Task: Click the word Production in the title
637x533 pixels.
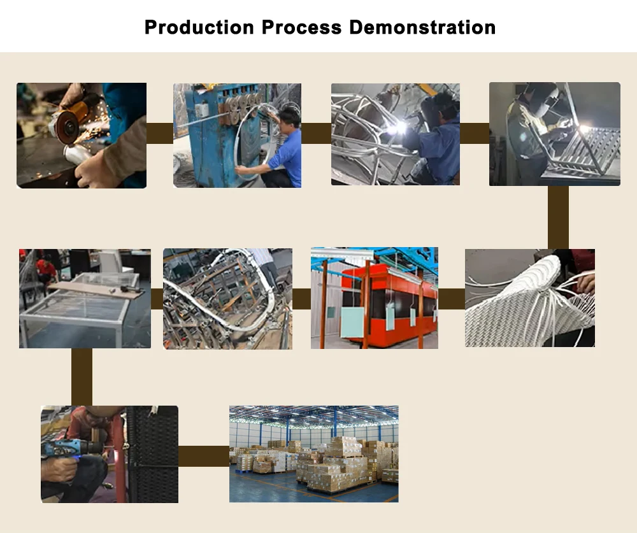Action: (199, 27)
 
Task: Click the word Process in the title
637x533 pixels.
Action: (301, 27)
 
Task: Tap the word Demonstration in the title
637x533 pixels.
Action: (422, 27)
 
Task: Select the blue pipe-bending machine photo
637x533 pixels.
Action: (237, 135)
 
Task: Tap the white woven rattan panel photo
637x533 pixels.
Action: (530, 298)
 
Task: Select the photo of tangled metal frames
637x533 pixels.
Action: (227, 299)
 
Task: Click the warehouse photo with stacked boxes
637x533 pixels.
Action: (313, 454)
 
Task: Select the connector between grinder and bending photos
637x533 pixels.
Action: (160, 133)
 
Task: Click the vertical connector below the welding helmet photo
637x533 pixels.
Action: (558, 217)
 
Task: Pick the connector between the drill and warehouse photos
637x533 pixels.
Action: (204, 456)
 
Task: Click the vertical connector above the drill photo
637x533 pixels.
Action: (82, 377)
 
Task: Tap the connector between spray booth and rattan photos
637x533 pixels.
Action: (452, 299)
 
